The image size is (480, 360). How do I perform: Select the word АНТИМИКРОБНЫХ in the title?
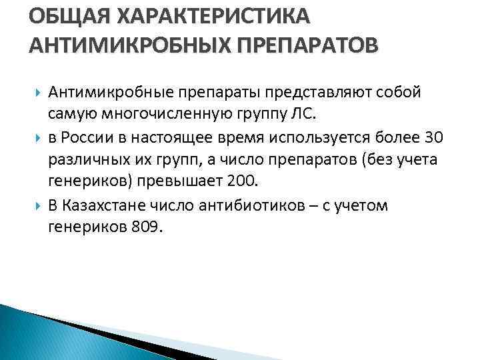click(x=124, y=47)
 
